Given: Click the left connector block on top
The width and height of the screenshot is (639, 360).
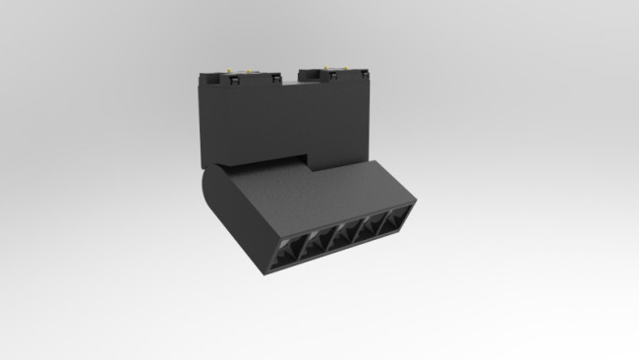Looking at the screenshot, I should coord(236,78).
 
